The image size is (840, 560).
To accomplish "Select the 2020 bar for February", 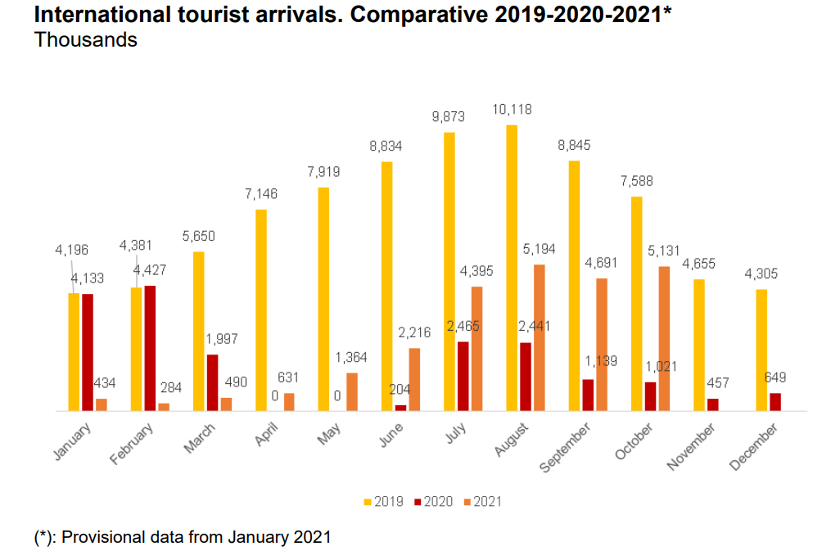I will pyautogui.click(x=150, y=348).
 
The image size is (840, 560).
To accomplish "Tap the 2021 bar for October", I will pyautogui.click(x=664, y=338).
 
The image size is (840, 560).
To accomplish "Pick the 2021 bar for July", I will pyautogui.click(x=476, y=348).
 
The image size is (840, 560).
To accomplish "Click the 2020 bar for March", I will pyautogui.click(x=212, y=382).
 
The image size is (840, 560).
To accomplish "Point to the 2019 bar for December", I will pyautogui.click(x=761, y=350).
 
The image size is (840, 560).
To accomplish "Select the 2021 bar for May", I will pyautogui.click(x=352, y=391).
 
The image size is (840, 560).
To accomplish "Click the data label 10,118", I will pyautogui.click(x=512, y=109).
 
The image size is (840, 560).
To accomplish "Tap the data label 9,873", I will pyautogui.click(x=449, y=116).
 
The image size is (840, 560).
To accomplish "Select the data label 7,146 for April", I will pyautogui.click(x=261, y=194).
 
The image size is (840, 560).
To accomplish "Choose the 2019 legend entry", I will pyautogui.click(x=382, y=502).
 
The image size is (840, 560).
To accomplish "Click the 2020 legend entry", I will pyautogui.click(x=431, y=502).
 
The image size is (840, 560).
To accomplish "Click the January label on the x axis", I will pyautogui.click(x=75, y=441).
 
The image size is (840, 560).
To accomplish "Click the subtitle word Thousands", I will pyautogui.click(x=86, y=39).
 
